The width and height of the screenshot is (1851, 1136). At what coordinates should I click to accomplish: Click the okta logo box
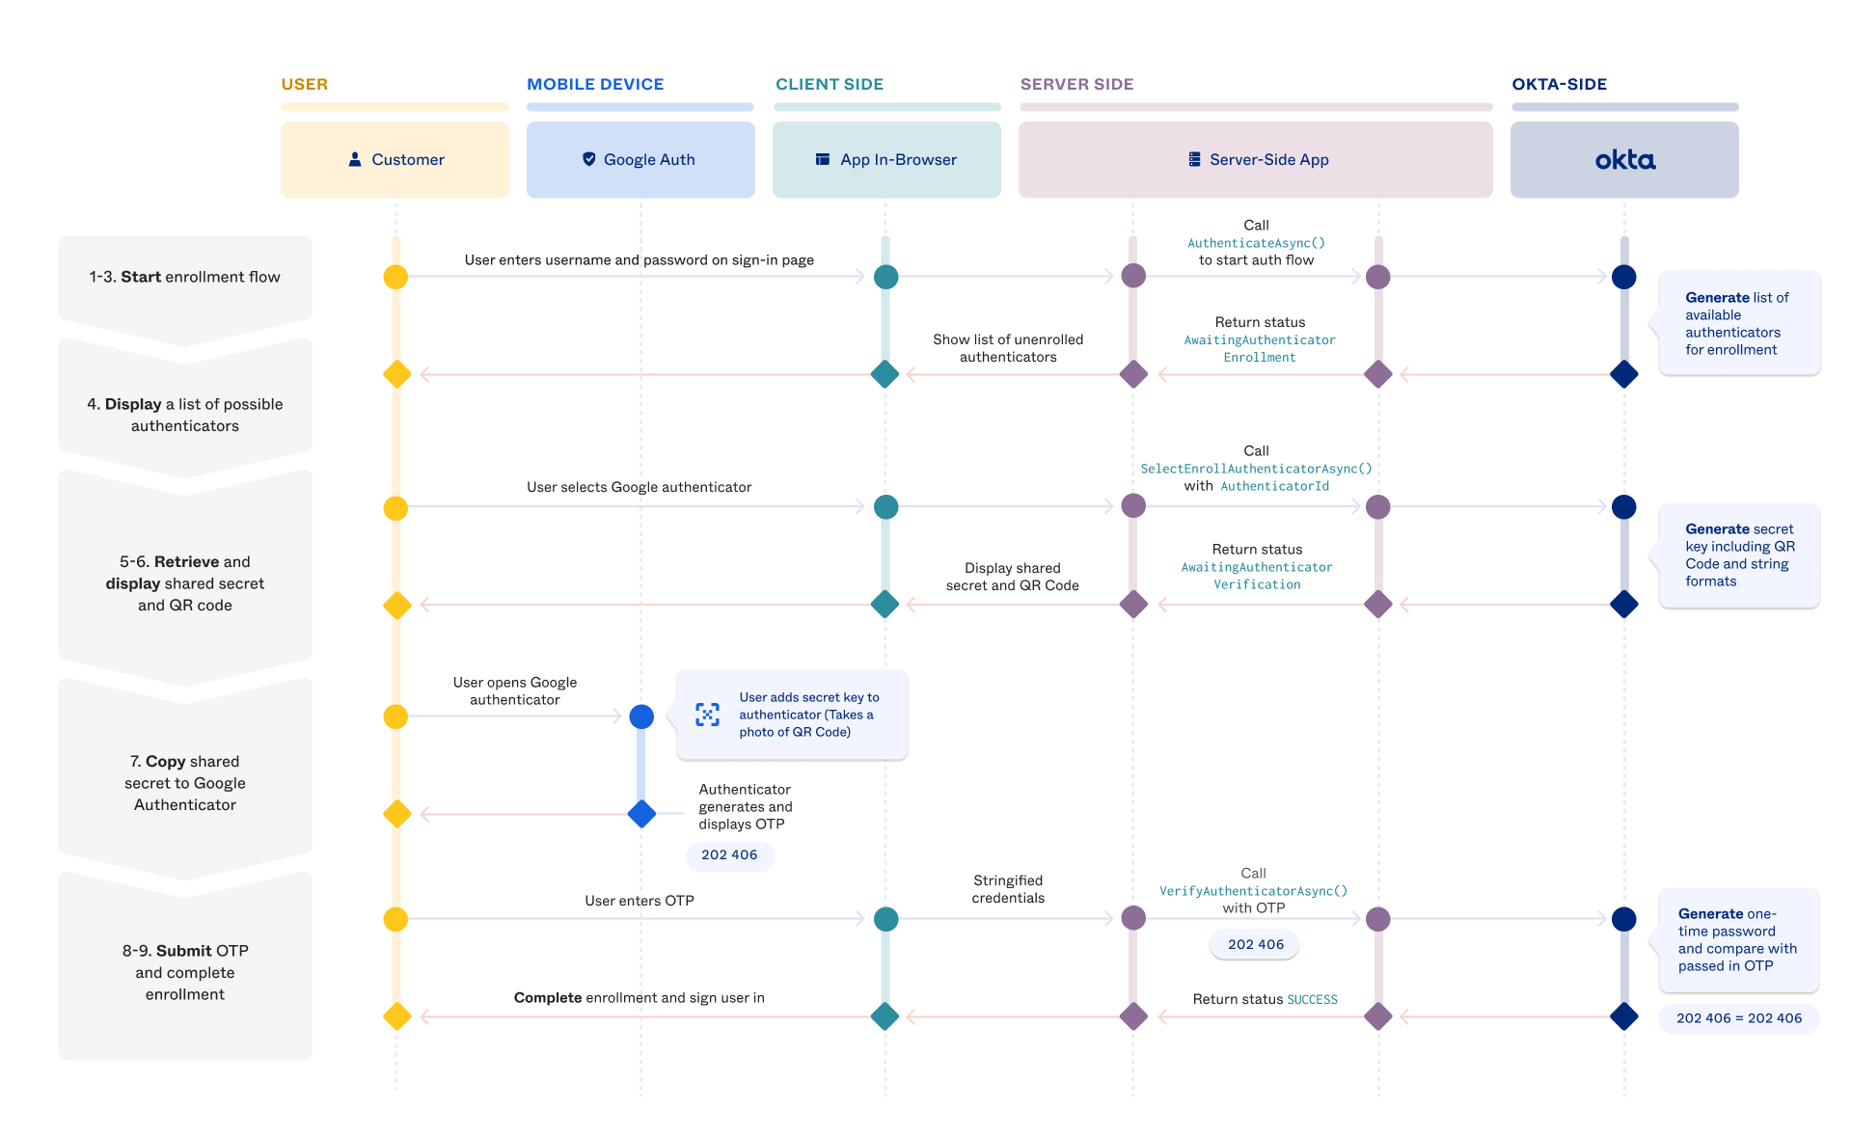click(x=1624, y=160)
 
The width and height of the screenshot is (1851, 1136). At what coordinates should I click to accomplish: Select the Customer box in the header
click(x=395, y=160)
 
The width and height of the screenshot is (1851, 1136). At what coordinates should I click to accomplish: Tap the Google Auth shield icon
click(x=588, y=159)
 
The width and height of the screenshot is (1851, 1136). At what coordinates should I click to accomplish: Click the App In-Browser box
click(x=885, y=160)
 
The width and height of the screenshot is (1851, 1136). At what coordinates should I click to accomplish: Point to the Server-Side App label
click(x=1268, y=160)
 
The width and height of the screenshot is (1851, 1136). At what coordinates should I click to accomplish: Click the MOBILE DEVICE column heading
click(x=595, y=85)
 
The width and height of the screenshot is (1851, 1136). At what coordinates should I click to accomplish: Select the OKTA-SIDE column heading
click(x=1559, y=85)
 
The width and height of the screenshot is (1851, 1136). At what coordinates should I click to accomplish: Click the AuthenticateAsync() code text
click(x=1256, y=243)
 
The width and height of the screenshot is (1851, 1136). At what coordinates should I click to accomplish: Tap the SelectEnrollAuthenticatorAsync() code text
click(x=1256, y=469)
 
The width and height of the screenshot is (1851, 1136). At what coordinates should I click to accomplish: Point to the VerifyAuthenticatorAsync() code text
click(x=1253, y=891)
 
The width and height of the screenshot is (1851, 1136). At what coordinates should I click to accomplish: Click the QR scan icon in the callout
click(x=707, y=715)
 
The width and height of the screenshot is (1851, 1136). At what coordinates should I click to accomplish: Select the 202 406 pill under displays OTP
click(x=729, y=855)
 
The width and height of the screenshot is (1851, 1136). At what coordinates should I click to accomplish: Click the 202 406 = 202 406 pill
click(x=1738, y=1018)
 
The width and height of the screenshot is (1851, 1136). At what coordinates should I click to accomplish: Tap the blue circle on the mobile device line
click(x=641, y=717)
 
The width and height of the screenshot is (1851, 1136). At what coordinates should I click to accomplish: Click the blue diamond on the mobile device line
click(x=641, y=814)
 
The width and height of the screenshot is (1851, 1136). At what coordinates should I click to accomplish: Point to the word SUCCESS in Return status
click(x=1312, y=1000)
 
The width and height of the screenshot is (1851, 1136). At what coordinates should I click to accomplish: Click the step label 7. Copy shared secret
click(x=184, y=782)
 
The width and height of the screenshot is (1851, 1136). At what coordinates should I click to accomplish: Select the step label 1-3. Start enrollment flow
click(x=184, y=277)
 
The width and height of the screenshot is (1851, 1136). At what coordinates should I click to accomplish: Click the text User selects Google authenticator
click(x=639, y=487)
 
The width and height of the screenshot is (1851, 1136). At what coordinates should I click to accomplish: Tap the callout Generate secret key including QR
click(x=1738, y=555)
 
